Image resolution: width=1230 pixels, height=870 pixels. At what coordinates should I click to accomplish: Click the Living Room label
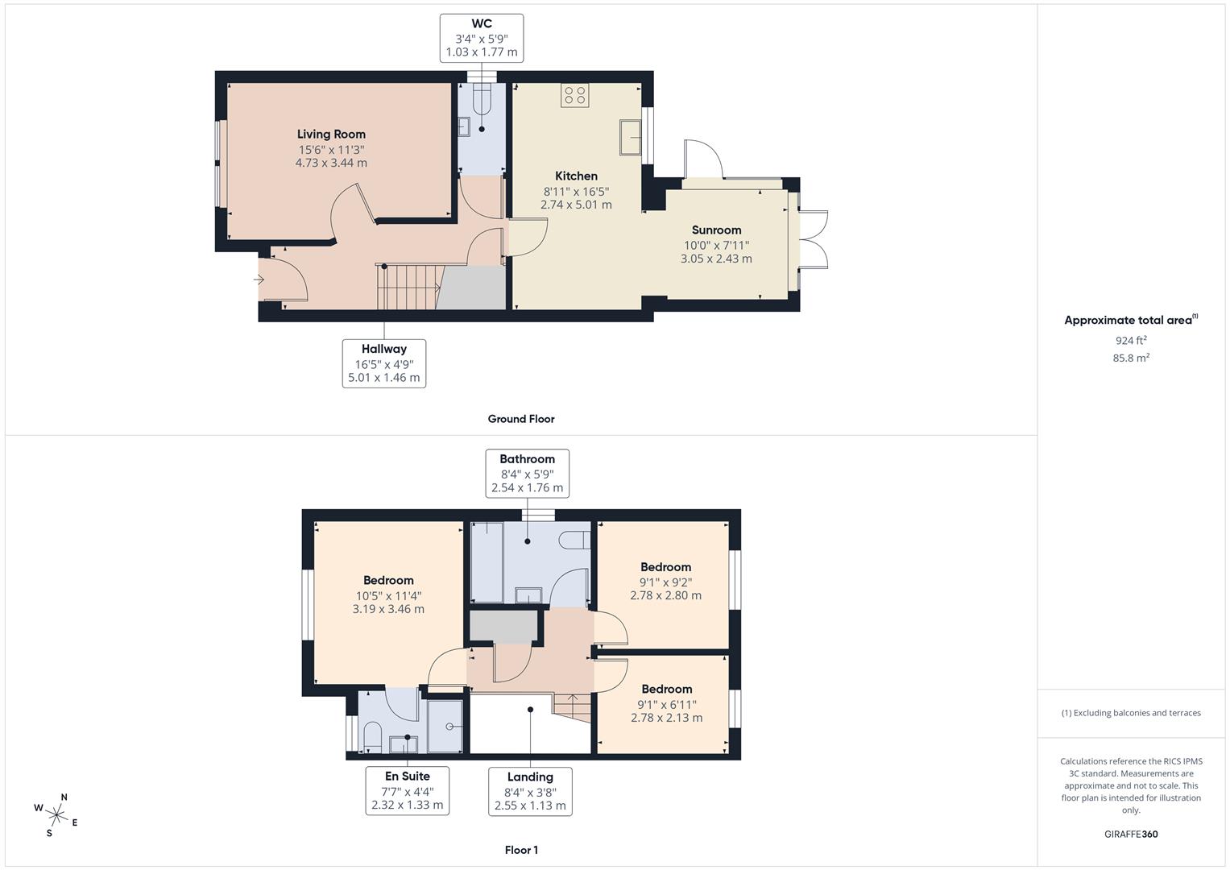coord(331,135)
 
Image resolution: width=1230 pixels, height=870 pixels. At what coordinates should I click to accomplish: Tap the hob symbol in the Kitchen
coord(574,96)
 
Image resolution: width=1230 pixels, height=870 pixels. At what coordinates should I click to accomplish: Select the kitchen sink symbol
coord(630,137)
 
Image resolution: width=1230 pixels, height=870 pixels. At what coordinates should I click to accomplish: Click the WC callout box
coord(482,38)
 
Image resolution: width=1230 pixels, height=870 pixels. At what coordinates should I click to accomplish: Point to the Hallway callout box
coord(383,363)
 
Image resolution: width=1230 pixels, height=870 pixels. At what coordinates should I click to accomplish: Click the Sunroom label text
coord(716,230)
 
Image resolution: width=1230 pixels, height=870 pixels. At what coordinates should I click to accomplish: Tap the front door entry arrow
coord(259,280)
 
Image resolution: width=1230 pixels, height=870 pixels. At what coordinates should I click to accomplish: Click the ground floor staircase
coord(408,288)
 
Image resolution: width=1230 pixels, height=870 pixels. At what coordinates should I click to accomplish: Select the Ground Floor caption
coord(520,419)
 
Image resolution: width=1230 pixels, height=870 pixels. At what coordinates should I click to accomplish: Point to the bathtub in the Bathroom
coord(487,561)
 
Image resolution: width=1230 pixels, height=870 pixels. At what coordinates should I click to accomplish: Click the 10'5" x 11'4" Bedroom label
coord(388,581)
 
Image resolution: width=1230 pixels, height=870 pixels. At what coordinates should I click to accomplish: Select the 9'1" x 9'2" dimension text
coord(665,582)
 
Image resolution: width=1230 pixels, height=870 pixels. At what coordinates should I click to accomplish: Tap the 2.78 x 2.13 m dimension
coord(666,718)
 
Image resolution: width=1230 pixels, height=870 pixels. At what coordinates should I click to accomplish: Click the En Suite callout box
coord(407,790)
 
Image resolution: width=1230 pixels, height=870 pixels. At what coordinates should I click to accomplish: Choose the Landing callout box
coord(530,791)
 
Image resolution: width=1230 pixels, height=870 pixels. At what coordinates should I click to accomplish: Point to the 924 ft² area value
coord(1130,340)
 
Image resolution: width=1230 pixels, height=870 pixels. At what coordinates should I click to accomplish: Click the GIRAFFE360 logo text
coord(1130,834)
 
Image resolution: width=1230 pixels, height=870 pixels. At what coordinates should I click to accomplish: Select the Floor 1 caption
coord(520,850)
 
